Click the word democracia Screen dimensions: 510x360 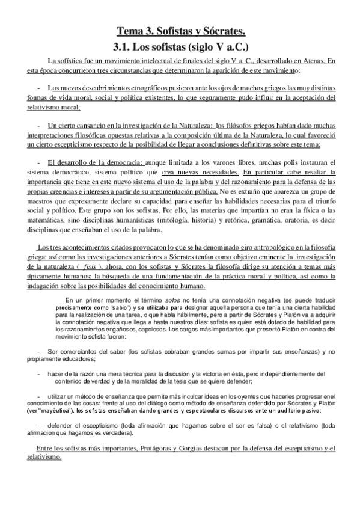tap(125, 162)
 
